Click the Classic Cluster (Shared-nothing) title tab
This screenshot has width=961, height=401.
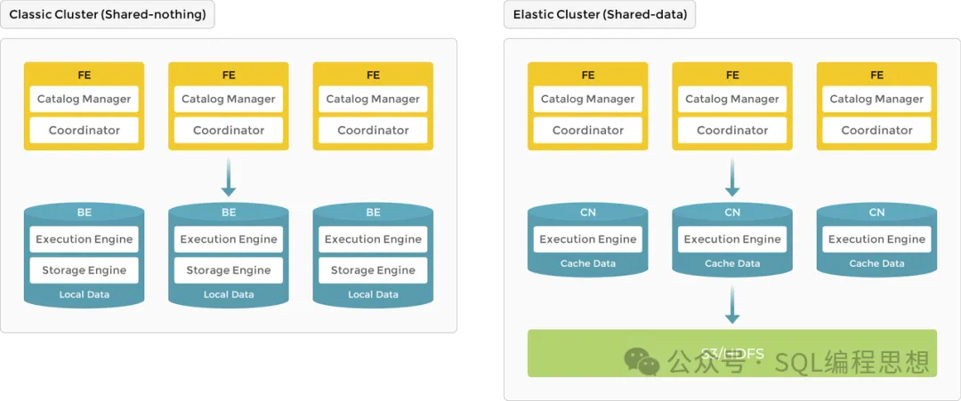pyautogui.click(x=108, y=16)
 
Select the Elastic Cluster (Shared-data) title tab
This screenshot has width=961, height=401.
pyautogui.click(x=600, y=16)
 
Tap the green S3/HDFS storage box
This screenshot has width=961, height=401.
pyautogui.click(x=731, y=353)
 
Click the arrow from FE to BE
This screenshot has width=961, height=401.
pyautogui.click(x=229, y=178)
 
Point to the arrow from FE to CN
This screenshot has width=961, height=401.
pyautogui.click(x=732, y=178)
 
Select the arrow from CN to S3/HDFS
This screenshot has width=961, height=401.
pyautogui.click(x=732, y=305)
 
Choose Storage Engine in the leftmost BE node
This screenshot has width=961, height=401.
pyautogui.click(x=85, y=270)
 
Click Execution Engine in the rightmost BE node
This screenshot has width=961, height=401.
pyautogui.click(x=373, y=239)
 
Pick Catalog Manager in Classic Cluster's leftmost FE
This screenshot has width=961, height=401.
pyautogui.click(x=85, y=99)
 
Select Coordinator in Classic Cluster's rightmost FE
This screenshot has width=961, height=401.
pyautogui.click(x=373, y=130)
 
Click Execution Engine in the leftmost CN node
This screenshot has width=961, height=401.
pyautogui.click(x=588, y=239)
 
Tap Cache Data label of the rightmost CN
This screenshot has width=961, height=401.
pyautogui.click(x=876, y=263)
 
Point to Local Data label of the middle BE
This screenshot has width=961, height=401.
pyautogui.click(x=229, y=294)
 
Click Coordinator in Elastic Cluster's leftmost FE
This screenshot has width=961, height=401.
pyautogui.click(x=588, y=130)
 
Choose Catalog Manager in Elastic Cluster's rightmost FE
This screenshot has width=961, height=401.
pyautogui.click(x=876, y=99)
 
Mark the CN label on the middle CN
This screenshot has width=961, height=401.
pyautogui.click(x=732, y=213)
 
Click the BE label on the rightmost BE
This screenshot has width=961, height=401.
pyautogui.click(x=373, y=213)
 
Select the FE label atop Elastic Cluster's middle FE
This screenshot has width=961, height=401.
pyautogui.click(x=732, y=75)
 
